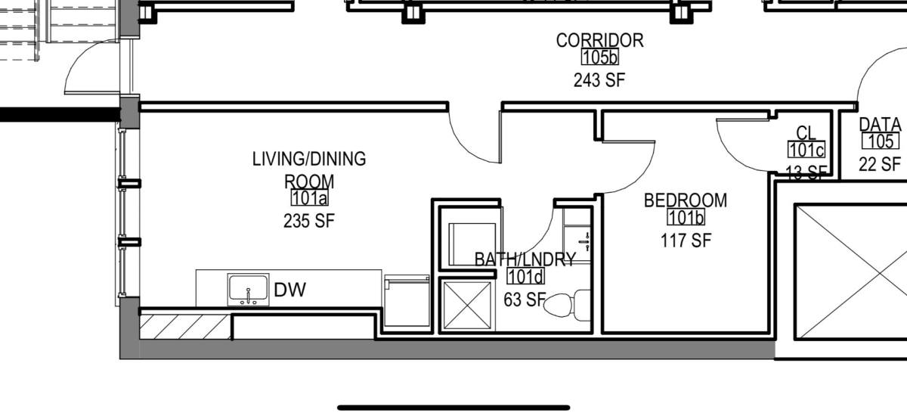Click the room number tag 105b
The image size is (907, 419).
point(599,57)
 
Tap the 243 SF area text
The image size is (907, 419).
point(599,80)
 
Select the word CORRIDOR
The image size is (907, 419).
point(599,40)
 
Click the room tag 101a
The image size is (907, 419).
point(309,197)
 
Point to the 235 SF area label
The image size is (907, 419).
point(309,221)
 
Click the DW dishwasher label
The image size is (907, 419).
point(290,290)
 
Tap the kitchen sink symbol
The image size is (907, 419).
point(248,290)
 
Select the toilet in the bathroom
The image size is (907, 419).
point(567,305)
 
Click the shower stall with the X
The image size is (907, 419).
point(467,305)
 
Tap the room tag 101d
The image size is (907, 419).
point(525,276)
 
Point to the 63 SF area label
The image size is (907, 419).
point(525,300)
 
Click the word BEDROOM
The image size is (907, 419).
point(686,200)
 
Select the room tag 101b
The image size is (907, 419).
point(686,218)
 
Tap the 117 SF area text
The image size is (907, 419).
point(686,241)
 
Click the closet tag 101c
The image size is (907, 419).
point(806,150)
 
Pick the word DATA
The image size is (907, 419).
point(881,125)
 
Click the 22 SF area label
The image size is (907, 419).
point(880,164)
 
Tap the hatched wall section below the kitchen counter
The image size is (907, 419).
point(185,327)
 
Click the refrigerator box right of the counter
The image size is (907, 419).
point(407,301)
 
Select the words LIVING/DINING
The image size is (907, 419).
point(309,159)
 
